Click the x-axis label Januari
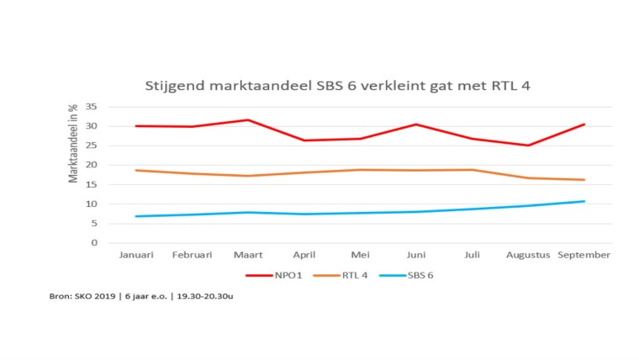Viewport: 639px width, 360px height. (x=136, y=254)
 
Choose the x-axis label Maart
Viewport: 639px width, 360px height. (x=248, y=254)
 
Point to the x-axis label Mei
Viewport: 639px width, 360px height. (x=360, y=254)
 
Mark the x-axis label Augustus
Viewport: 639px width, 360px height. (x=528, y=254)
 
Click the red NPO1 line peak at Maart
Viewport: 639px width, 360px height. (x=248, y=120)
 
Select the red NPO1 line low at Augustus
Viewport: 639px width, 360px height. (x=528, y=146)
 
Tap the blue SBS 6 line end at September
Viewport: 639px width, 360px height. (x=584, y=201)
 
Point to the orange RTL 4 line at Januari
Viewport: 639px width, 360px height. (x=136, y=171)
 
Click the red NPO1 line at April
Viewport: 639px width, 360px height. (x=304, y=140)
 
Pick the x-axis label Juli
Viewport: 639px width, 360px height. (x=472, y=254)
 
